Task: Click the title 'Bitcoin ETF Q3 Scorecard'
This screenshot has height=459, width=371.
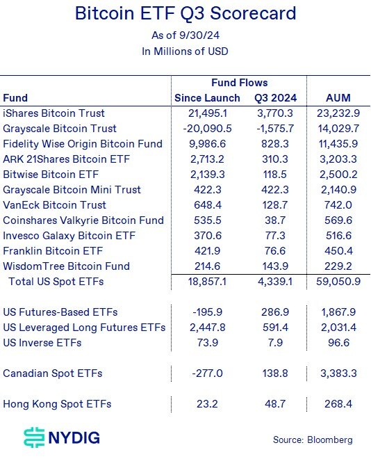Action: [185, 14]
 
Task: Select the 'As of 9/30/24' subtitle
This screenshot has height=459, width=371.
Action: [185, 35]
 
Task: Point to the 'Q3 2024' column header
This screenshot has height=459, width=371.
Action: [277, 98]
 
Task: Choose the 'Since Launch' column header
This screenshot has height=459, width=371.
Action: [207, 98]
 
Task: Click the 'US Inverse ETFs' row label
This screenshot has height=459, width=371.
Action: [42, 343]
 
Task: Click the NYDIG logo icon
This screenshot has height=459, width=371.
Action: [33, 437]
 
